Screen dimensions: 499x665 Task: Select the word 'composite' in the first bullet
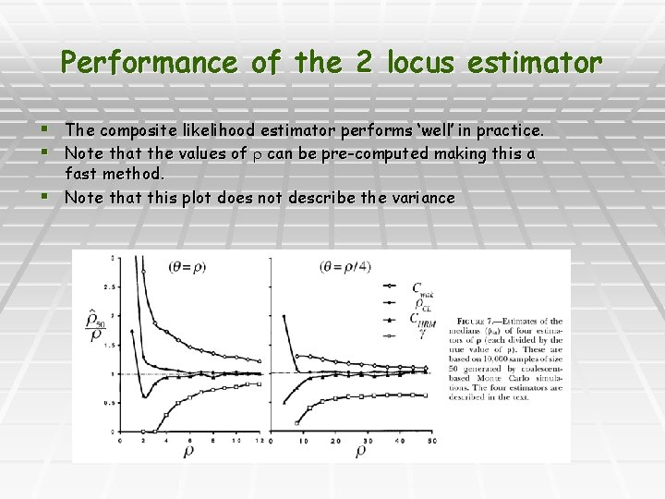pos(151,130)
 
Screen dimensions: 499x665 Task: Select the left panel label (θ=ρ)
pos(187,267)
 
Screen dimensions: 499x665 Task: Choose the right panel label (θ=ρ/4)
pos(345,267)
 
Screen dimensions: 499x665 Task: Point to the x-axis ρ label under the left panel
pos(188,452)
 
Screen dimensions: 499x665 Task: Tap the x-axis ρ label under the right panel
pos(360,452)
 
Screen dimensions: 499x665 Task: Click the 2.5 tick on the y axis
pos(112,286)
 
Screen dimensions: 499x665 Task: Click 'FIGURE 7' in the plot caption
pos(478,321)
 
